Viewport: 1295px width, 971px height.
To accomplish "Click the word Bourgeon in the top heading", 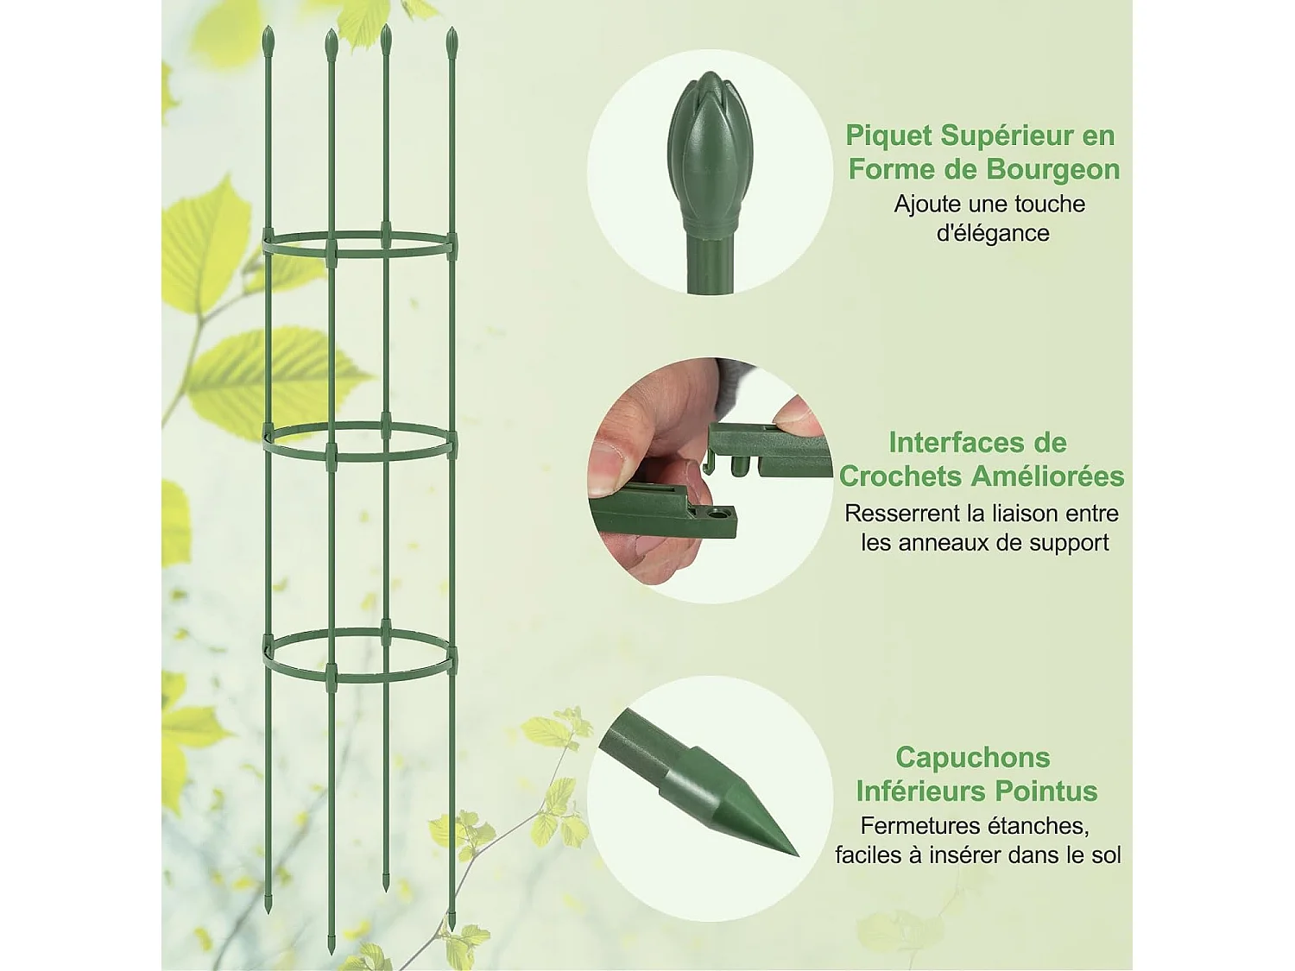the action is pos(1052,170).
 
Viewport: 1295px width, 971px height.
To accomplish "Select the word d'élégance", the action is pos(993,233).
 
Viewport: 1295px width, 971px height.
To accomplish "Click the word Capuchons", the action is pos(973,758).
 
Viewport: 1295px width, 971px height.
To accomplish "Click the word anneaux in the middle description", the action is pos(944,542).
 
